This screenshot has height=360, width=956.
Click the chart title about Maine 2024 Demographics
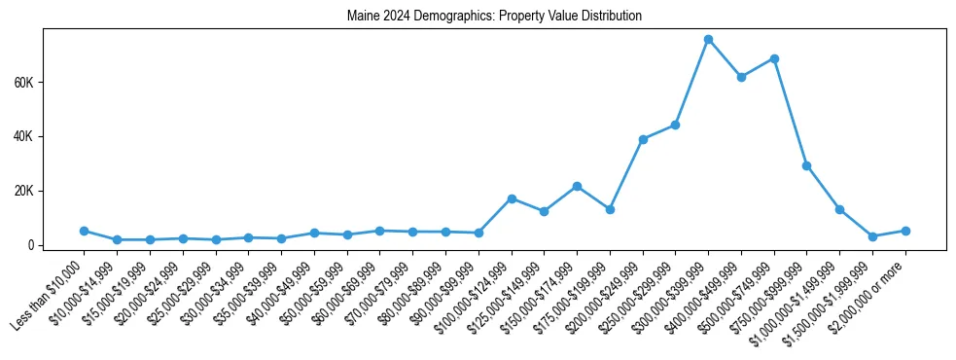pyautogui.click(x=494, y=17)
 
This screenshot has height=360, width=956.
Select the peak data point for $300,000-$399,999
pyautogui.click(x=708, y=39)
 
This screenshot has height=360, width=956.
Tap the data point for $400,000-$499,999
pyautogui.click(x=741, y=77)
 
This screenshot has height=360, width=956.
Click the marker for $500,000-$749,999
pyautogui.click(x=774, y=58)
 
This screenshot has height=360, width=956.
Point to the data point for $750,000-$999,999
pyautogui.click(x=806, y=165)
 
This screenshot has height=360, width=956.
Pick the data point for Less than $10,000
pyautogui.click(x=85, y=231)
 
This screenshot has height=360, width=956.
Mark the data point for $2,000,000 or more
pyautogui.click(x=905, y=231)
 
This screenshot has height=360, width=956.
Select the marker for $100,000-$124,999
pyautogui.click(x=512, y=198)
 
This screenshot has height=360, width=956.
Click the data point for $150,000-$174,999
pyautogui.click(x=577, y=186)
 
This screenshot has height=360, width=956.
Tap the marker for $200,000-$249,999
pyautogui.click(x=643, y=139)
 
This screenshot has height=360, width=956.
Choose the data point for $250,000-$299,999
pyautogui.click(x=675, y=125)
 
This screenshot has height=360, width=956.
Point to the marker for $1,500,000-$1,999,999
pyautogui.click(x=872, y=236)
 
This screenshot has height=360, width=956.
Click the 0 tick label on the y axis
pyautogui.click(x=33, y=245)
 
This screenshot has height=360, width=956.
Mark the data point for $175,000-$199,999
pyautogui.click(x=610, y=209)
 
